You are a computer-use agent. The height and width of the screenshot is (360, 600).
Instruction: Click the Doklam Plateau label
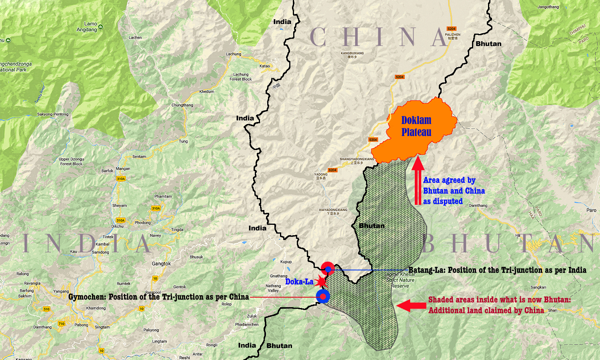(x=416, y=126)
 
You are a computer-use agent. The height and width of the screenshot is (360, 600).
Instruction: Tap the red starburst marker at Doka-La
(x=320, y=282)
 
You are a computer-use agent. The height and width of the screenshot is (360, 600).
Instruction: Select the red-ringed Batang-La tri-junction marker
(x=328, y=269)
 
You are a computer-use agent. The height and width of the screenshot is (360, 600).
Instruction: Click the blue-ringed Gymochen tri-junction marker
(x=323, y=297)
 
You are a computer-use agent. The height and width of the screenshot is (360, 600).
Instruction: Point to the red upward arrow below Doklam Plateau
(x=418, y=180)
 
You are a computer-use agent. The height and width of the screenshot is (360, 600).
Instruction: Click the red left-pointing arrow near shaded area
(x=411, y=306)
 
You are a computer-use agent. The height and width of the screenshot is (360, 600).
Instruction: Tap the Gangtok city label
(x=161, y=264)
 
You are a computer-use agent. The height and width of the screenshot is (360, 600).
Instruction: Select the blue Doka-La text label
(x=299, y=282)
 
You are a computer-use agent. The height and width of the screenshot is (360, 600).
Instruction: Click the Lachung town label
(x=234, y=54)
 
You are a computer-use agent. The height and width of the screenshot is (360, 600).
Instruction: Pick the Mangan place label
(x=123, y=169)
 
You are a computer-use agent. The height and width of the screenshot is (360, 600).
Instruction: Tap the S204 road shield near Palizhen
(x=451, y=29)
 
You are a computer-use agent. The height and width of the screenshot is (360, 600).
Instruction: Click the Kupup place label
(x=286, y=262)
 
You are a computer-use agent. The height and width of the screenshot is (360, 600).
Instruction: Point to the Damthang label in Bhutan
(x=478, y=206)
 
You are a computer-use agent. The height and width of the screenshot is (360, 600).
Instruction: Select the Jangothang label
(x=548, y=7)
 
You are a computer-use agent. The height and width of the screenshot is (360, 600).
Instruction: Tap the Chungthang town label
(x=182, y=105)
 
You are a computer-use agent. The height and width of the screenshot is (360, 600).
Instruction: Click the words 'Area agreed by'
(x=449, y=180)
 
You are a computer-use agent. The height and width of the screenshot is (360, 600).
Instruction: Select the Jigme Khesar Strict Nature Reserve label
(x=400, y=280)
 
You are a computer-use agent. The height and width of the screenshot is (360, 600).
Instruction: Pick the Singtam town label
(x=102, y=327)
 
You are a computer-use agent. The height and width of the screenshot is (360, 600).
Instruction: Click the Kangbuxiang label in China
(x=352, y=55)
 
